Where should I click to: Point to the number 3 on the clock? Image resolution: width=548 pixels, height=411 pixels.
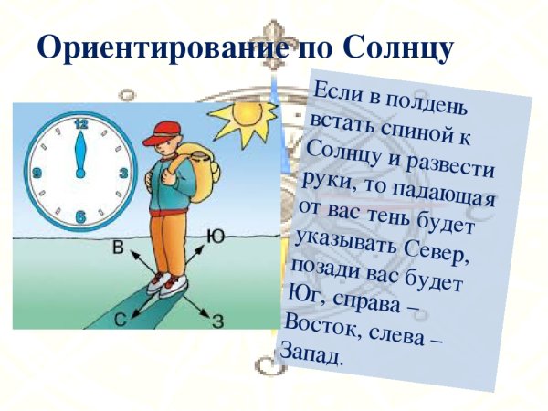122,171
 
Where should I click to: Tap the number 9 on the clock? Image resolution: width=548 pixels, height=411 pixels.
37,172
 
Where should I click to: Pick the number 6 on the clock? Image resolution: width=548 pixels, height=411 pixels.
80,216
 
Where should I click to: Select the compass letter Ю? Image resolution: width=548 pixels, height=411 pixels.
216,236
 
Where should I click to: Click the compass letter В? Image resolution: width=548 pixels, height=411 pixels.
119,248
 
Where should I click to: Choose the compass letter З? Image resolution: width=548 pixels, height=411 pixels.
217,320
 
